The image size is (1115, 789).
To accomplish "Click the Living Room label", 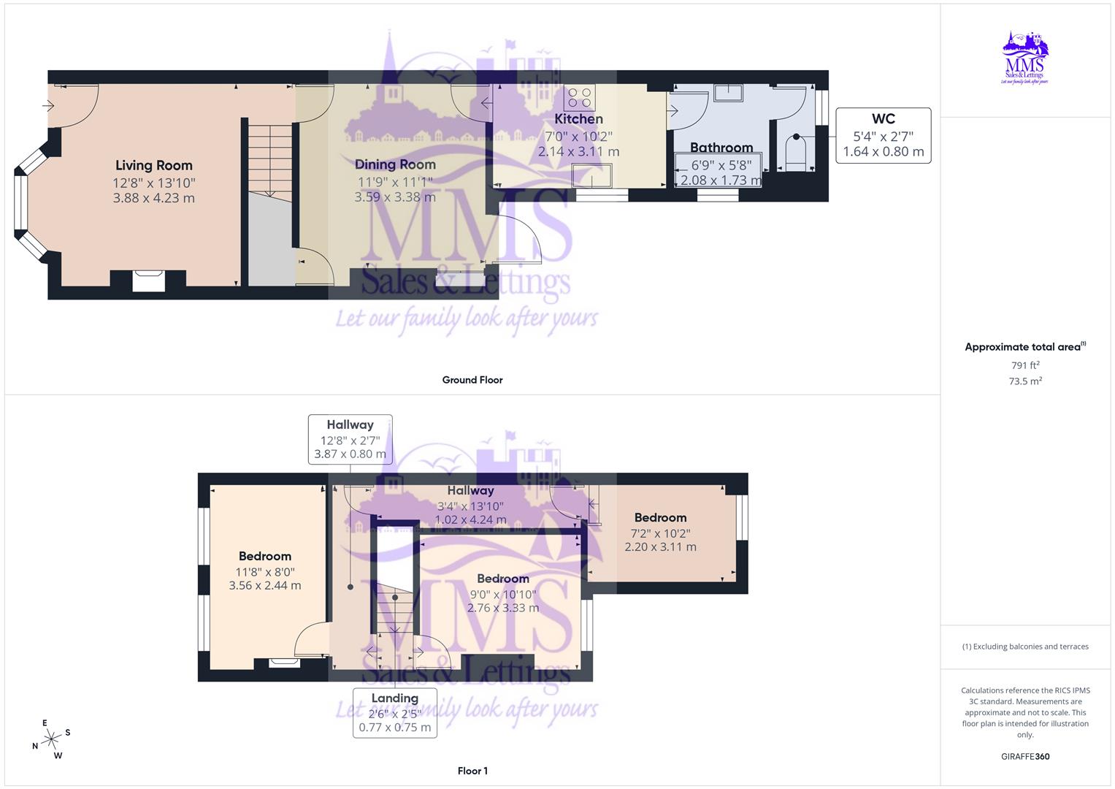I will [x=154, y=166].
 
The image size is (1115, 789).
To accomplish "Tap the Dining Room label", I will [x=395, y=165].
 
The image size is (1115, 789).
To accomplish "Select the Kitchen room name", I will [x=578, y=119].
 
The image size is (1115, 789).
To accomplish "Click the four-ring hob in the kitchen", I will [x=581, y=98].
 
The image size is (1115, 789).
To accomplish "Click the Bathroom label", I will [x=721, y=148].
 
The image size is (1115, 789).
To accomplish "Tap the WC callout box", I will [x=883, y=135].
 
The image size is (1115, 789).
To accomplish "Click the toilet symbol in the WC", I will [x=795, y=152].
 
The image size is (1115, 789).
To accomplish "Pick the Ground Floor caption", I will [x=472, y=380].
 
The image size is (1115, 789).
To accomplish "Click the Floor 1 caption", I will [x=472, y=771].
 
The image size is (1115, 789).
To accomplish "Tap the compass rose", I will [x=51, y=739].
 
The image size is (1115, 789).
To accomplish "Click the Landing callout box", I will [x=394, y=712].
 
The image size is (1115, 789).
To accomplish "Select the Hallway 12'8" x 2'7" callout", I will [x=350, y=439].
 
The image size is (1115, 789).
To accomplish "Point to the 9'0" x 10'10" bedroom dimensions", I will [x=503, y=601].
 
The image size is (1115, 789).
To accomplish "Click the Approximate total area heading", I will [x=1024, y=347].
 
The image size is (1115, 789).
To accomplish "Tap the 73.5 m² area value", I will [x=1025, y=381].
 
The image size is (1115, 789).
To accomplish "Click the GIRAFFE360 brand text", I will [x=1025, y=756].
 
